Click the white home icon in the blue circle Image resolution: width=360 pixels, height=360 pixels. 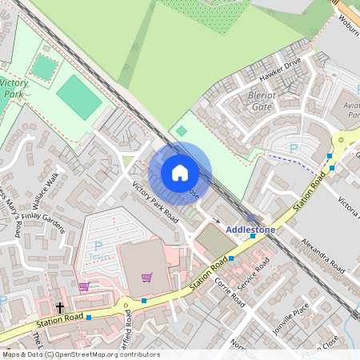pos(180,173)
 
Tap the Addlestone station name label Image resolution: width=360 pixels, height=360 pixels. pos(250,230)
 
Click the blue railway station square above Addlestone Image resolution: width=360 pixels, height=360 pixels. pos(250,218)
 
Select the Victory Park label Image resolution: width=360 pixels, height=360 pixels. pos(14,88)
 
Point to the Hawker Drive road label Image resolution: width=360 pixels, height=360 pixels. pos(280,71)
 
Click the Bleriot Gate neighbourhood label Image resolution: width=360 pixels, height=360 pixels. pos(255,99)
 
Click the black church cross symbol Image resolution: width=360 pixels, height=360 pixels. pos(59,307)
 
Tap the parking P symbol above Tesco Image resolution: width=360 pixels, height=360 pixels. pos(98,246)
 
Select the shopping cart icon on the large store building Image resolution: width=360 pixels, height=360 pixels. pos(146,278)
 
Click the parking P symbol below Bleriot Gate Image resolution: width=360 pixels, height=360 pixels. pos(293,149)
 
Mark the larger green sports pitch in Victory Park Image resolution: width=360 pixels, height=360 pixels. pos(79,98)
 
